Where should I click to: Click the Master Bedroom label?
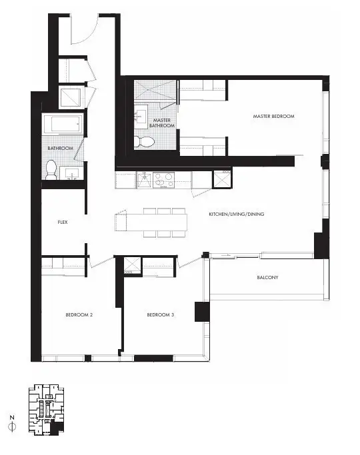[x=273, y=116]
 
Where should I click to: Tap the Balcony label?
[x=267, y=277]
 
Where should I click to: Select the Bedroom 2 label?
[x=79, y=315]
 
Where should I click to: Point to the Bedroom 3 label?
[x=160, y=315]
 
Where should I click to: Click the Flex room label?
[x=63, y=222]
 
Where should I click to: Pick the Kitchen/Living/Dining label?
[x=236, y=214]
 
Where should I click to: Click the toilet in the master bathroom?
[x=144, y=142]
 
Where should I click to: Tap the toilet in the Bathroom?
[x=51, y=170]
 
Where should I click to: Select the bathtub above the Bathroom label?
[x=63, y=124]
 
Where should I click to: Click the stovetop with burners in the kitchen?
[x=164, y=180]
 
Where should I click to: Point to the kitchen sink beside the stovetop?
[x=144, y=180]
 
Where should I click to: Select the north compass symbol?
[x=12, y=424]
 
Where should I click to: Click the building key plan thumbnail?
[x=47, y=410]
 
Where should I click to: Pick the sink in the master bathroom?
[x=141, y=116]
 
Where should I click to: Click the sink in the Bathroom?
[x=71, y=173]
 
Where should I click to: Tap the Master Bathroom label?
[x=162, y=123]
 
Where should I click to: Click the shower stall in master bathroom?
[x=155, y=90]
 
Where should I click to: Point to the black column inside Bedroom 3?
[x=202, y=312]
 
